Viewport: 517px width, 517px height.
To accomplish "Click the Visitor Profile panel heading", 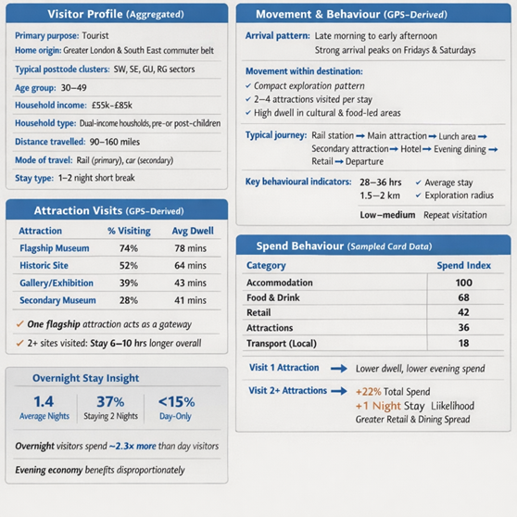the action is point(116,14).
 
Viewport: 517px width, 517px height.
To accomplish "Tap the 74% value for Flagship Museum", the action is point(129,248).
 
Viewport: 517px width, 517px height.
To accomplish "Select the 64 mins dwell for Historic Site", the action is point(190,265).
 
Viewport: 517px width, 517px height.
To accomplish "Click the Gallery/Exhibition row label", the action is point(57,284).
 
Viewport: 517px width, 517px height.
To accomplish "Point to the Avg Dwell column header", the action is point(193,231).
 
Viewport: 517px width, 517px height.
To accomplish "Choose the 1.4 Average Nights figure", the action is point(44,401).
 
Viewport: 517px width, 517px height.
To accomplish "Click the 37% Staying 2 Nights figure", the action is point(110,402).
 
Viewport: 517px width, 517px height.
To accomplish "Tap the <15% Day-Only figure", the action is point(177,402).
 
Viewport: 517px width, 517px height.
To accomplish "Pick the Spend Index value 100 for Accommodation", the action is point(464,283).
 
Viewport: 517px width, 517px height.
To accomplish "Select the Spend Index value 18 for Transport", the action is point(463,343).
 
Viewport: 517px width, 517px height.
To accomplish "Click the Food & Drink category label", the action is point(273,297).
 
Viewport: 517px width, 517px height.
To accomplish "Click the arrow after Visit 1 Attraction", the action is point(339,369).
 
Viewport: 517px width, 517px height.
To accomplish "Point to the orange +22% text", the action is point(368,392).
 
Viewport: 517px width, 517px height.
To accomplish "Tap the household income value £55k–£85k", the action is point(112,106).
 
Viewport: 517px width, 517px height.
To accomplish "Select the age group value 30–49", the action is point(74,88).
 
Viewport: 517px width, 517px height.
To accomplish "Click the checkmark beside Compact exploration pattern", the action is point(248,86).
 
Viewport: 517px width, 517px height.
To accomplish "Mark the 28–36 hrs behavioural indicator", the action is point(381,183).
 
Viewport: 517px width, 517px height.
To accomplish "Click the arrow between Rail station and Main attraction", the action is point(360,136).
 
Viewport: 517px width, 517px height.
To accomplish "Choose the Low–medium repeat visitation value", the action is point(387,215).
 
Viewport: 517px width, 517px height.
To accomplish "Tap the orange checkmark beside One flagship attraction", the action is point(19,324).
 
